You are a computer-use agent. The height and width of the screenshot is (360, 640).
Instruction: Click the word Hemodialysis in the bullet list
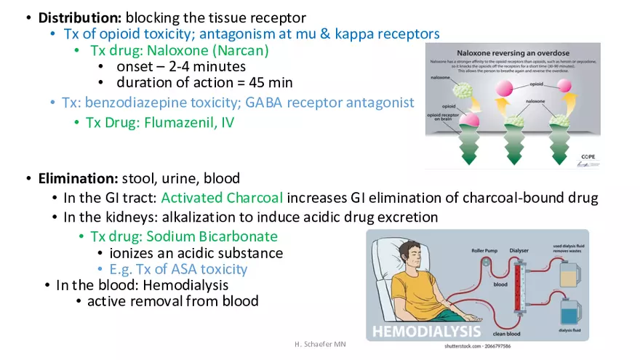[x=185, y=285]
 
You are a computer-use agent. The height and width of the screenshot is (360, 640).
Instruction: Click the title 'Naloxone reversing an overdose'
[x=512, y=53]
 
